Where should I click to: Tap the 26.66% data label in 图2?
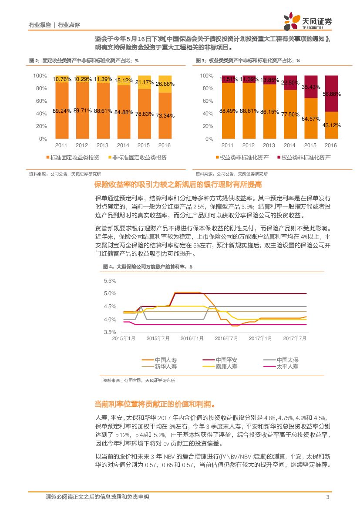point(165,84)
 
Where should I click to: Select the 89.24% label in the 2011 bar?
point(62,111)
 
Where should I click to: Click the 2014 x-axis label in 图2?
point(123,145)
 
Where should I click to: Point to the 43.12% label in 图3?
point(331,125)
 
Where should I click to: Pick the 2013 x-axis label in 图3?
point(269,145)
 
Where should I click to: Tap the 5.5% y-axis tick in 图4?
point(110,281)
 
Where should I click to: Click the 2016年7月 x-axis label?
point(227,338)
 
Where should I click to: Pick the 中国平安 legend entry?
point(227,360)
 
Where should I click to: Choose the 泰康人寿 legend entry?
point(227,367)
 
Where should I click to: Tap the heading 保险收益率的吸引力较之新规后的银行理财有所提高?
point(178,185)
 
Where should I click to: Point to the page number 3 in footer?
point(327,497)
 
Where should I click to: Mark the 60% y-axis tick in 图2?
point(40,101)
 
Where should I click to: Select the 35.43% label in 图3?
point(310,87)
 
